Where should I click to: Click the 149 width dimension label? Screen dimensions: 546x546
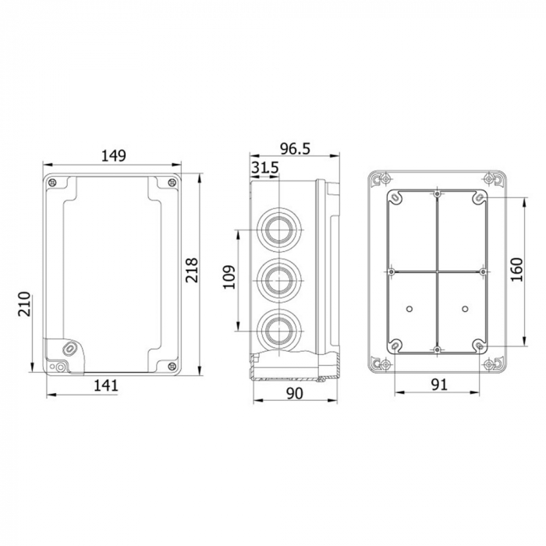pos(114,156)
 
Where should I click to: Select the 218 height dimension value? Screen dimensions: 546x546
pos(192,270)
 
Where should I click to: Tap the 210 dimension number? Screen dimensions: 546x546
pos(24,304)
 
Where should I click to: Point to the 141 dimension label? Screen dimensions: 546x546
pos(106,385)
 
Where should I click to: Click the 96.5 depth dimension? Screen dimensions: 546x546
pos(295,149)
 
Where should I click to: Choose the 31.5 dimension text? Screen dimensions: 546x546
pos(264,168)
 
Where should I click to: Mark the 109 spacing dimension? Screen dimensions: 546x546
pos(229,277)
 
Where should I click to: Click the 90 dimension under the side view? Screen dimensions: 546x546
pos(295,393)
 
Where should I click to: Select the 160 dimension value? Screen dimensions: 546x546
pos(516,270)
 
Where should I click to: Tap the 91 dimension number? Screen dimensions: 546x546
pos(439,385)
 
